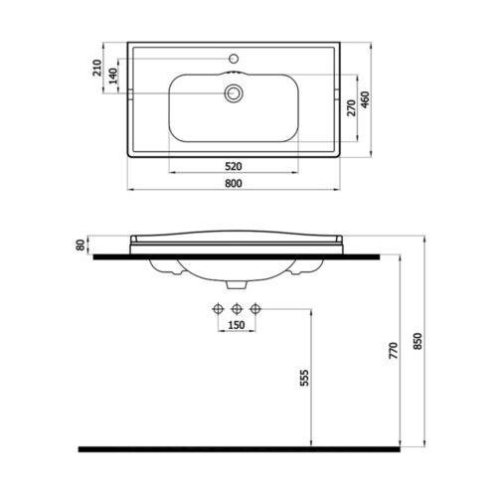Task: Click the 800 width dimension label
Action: (234, 183)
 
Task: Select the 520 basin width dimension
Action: (234, 166)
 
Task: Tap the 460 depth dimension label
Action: (365, 99)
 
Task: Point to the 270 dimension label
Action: (351, 107)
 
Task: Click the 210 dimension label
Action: (97, 68)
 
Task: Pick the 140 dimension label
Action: (113, 76)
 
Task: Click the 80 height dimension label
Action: (81, 246)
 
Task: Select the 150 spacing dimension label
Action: (237, 325)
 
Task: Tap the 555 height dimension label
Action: (304, 378)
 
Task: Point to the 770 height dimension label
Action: (394, 351)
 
